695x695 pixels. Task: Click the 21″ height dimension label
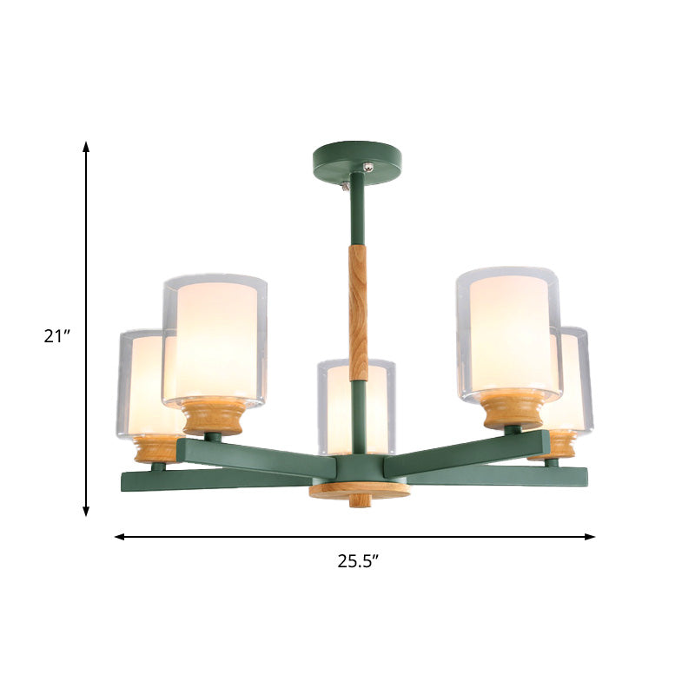tap(56, 335)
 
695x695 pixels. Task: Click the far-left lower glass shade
tap(139, 382)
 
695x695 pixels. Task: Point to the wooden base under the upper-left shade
tap(214, 416)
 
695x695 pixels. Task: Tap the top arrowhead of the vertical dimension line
tap(86, 146)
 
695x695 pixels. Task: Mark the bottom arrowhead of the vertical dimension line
tap(86, 513)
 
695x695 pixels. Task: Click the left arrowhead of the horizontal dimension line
tap(120, 537)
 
